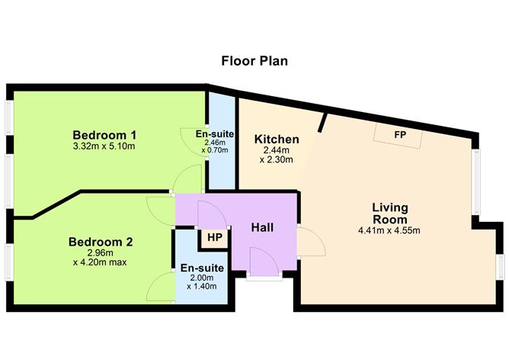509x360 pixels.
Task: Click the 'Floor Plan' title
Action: click(253, 60)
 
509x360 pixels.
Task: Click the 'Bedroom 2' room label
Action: click(101, 243)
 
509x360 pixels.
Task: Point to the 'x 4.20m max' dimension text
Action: click(100, 262)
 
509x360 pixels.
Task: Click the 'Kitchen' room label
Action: click(277, 140)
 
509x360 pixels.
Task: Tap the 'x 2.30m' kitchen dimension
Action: click(277, 160)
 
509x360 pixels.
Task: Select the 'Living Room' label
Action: click(390, 213)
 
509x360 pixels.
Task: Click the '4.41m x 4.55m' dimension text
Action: click(390, 230)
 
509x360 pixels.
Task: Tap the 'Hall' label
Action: click(262, 227)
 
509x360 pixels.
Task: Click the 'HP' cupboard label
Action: click(214, 237)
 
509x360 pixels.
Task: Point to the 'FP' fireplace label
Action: click(399, 135)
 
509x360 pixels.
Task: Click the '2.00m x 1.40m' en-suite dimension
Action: click(202, 281)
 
